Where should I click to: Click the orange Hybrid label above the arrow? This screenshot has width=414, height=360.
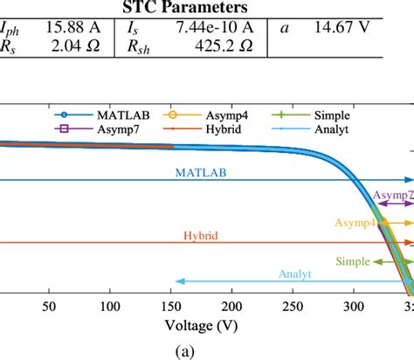coord(200,236)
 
